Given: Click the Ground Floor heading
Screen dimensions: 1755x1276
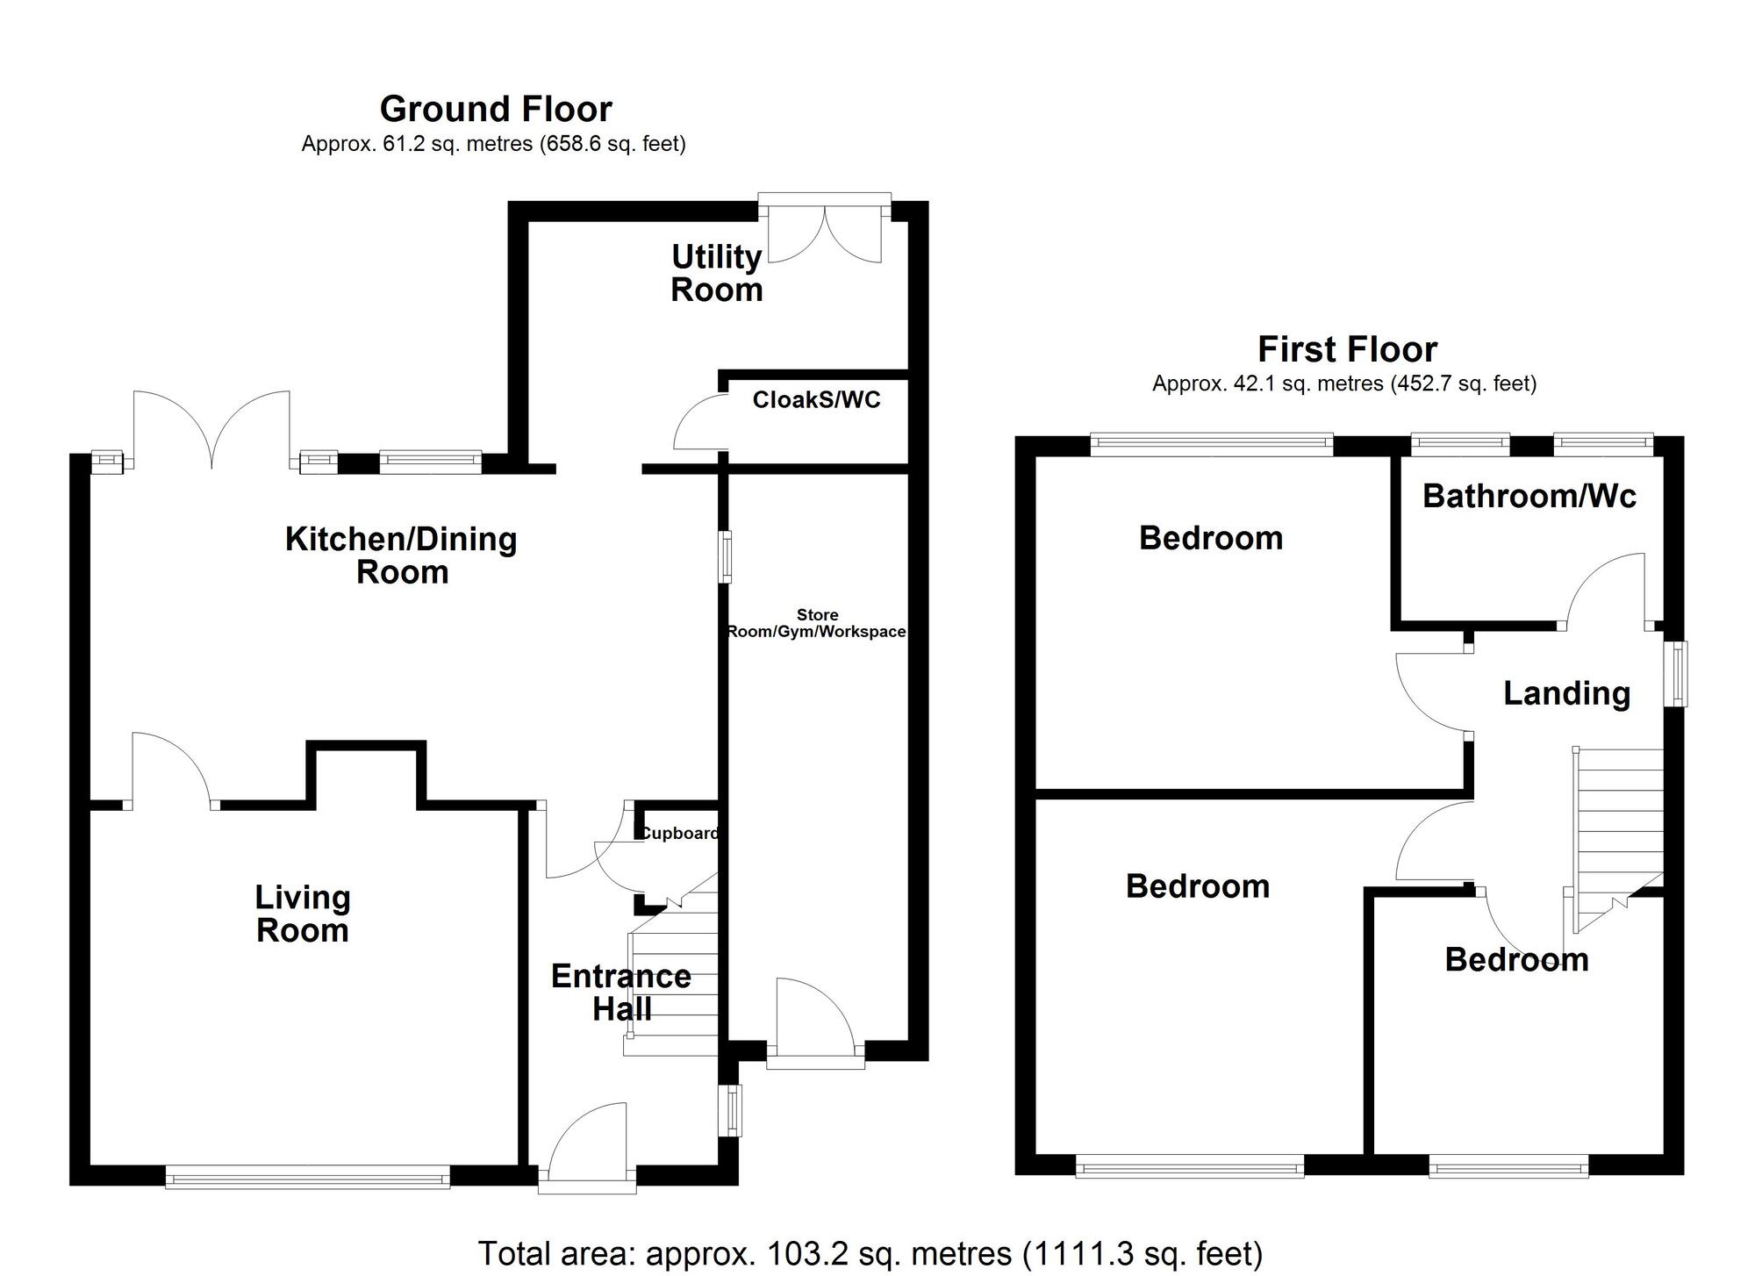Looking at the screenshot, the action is pos(496,109).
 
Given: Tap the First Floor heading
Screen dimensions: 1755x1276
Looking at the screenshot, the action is pos(1347,349).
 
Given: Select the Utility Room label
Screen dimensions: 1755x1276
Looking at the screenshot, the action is pos(716,273).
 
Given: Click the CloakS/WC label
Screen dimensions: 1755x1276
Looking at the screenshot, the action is pos(816,400).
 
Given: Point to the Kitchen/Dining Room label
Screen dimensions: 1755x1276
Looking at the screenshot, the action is pos(401,555).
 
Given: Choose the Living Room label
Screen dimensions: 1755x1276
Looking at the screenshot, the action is pos(303,914).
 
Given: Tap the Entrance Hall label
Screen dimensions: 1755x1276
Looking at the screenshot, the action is pos(621,993).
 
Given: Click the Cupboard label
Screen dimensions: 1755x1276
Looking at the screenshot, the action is pos(680,833).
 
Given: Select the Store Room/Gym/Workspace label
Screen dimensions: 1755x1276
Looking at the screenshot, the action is pos(816,623).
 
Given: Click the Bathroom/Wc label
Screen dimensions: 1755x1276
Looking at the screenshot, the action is pos(1529,496).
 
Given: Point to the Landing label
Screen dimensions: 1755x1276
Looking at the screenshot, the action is pos(1566,693).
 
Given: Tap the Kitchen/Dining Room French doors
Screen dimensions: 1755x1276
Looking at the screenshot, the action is pos(211,430).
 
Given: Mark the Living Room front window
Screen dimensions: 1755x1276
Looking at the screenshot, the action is pos(307,1177).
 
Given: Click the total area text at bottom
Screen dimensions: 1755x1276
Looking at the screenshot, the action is pos(870,1253).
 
